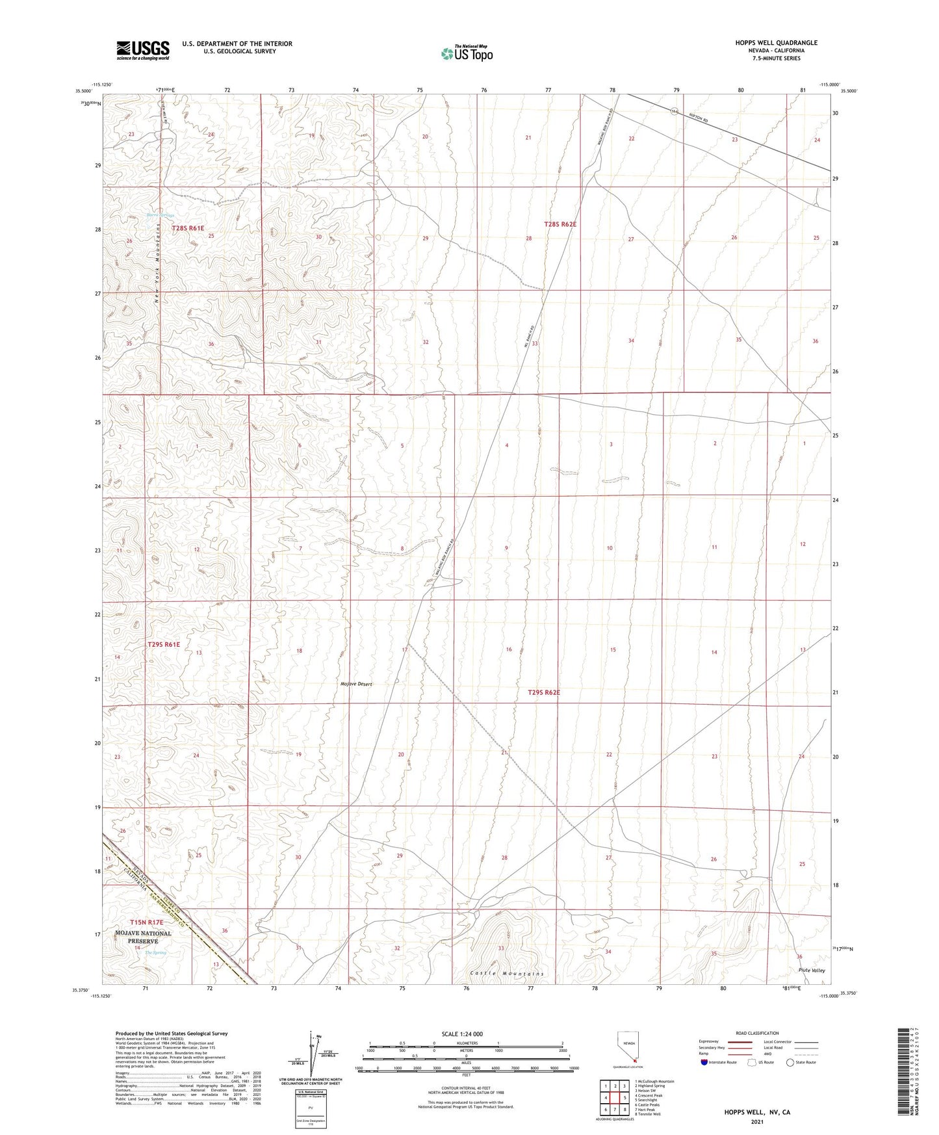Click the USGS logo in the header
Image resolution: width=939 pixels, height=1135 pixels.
click(x=143, y=49)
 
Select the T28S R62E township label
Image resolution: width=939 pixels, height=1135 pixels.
click(x=560, y=224)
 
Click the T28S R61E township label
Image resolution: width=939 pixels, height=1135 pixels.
click(x=188, y=228)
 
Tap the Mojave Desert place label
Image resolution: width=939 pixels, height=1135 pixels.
click(x=355, y=684)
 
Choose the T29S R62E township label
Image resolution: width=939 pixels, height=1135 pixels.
click(x=543, y=693)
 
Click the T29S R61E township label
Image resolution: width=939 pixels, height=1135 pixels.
click(x=163, y=644)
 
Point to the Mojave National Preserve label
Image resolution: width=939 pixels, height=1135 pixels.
click(x=142, y=937)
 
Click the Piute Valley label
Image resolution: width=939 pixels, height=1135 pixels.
click(x=812, y=971)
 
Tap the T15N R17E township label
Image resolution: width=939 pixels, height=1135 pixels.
click(x=146, y=922)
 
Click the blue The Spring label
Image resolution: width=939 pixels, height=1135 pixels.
click(x=155, y=952)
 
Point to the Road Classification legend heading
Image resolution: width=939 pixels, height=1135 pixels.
click(x=758, y=1033)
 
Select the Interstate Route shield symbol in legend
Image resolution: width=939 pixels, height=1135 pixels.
click(x=704, y=1062)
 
